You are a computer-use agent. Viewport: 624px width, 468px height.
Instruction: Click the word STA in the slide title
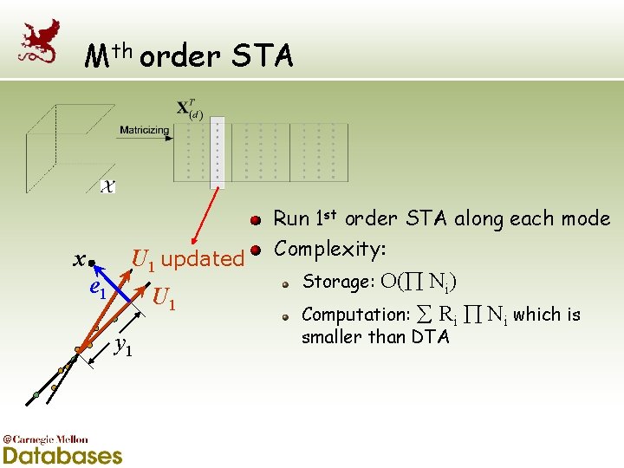(x=263, y=57)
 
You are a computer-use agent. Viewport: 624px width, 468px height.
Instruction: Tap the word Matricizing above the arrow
(x=145, y=130)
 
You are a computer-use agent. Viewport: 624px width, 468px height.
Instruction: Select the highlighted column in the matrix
(x=218, y=152)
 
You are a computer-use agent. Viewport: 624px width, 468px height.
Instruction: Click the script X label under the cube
(x=108, y=185)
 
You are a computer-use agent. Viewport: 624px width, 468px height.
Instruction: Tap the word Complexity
(x=328, y=250)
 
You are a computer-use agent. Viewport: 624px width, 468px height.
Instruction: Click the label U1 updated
(x=187, y=258)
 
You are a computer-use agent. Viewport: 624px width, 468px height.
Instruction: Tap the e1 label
(x=98, y=291)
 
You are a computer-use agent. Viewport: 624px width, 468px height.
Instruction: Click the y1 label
(x=124, y=347)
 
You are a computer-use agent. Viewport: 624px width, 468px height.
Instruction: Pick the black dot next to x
(x=92, y=261)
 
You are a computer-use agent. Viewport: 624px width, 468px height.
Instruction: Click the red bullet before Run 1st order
(x=257, y=220)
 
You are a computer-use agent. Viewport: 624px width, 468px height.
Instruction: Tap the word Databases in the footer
(x=62, y=454)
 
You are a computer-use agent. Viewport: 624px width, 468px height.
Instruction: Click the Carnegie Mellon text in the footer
(x=49, y=439)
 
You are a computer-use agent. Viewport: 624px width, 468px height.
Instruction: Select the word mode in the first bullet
(x=583, y=218)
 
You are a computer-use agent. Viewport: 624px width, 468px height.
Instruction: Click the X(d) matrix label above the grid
(x=190, y=110)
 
